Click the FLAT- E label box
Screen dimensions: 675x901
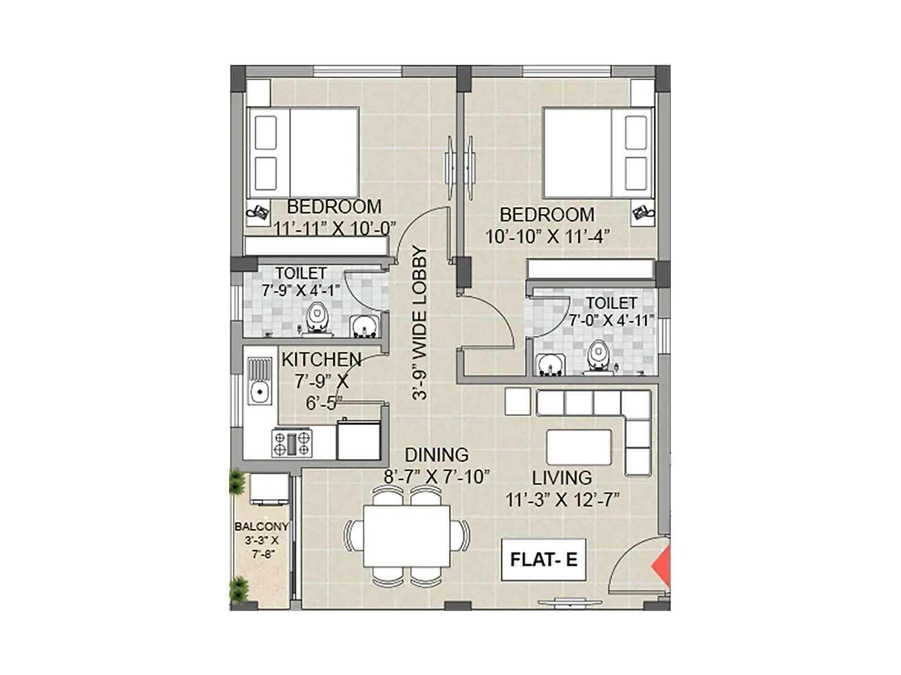pyautogui.click(x=543, y=560)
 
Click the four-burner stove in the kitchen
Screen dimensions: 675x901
pyautogui.click(x=292, y=443)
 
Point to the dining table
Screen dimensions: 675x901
pyautogui.click(x=406, y=535)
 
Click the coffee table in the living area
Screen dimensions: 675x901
pyautogui.click(x=579, y=447)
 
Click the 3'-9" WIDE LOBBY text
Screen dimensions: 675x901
pyautogui.click(x=420, y=323)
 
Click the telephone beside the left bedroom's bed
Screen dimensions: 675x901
pyautogui.click(x=259, y=213)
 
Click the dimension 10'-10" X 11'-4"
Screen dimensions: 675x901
pyautogui.click(x=548, y=236)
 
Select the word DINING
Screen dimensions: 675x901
pyautogui.click(x=436, y=454)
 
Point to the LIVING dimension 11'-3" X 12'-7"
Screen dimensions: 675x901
pyautogui.click(x=562, y=499)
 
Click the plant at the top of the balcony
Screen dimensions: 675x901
pyautogui.click(x=237, y=483)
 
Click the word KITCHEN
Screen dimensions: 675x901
pyautogui.click(x=321, y=359)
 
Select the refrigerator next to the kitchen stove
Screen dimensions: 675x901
pyautogui.click(x=358, y=440)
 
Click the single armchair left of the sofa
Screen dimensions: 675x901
pyautogui.click(x=518, y=401)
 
